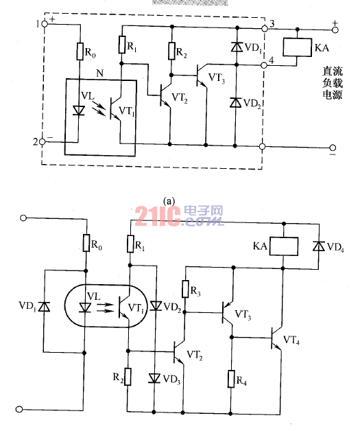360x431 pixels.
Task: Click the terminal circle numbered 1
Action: (45, 24)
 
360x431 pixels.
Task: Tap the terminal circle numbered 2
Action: (43, 142)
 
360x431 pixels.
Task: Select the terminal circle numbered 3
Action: (265, 28)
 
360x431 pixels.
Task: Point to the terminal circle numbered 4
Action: (263, 65)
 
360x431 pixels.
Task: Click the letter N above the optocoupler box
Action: (100, 73)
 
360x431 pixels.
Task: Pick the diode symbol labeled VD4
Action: (319, 246)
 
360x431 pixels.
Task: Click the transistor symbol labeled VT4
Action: (276, 338)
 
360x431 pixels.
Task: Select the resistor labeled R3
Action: (185, 289)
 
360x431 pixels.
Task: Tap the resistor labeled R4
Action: (231, 379)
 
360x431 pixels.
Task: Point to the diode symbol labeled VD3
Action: (154, 378)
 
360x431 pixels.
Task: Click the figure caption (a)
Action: (169, 201)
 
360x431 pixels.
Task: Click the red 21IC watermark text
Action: (158, 216)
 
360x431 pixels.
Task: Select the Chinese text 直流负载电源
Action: (333, 83)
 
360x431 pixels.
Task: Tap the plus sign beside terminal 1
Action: (52, 19)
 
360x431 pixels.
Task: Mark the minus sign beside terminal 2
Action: (49, 137)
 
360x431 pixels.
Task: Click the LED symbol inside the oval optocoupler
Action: (85, 307)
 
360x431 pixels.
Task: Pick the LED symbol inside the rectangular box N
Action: (79, 110)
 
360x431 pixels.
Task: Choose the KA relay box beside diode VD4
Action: (284, 246)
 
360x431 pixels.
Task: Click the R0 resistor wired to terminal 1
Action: (80, 51)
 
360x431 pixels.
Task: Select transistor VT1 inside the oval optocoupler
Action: (124, 307)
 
